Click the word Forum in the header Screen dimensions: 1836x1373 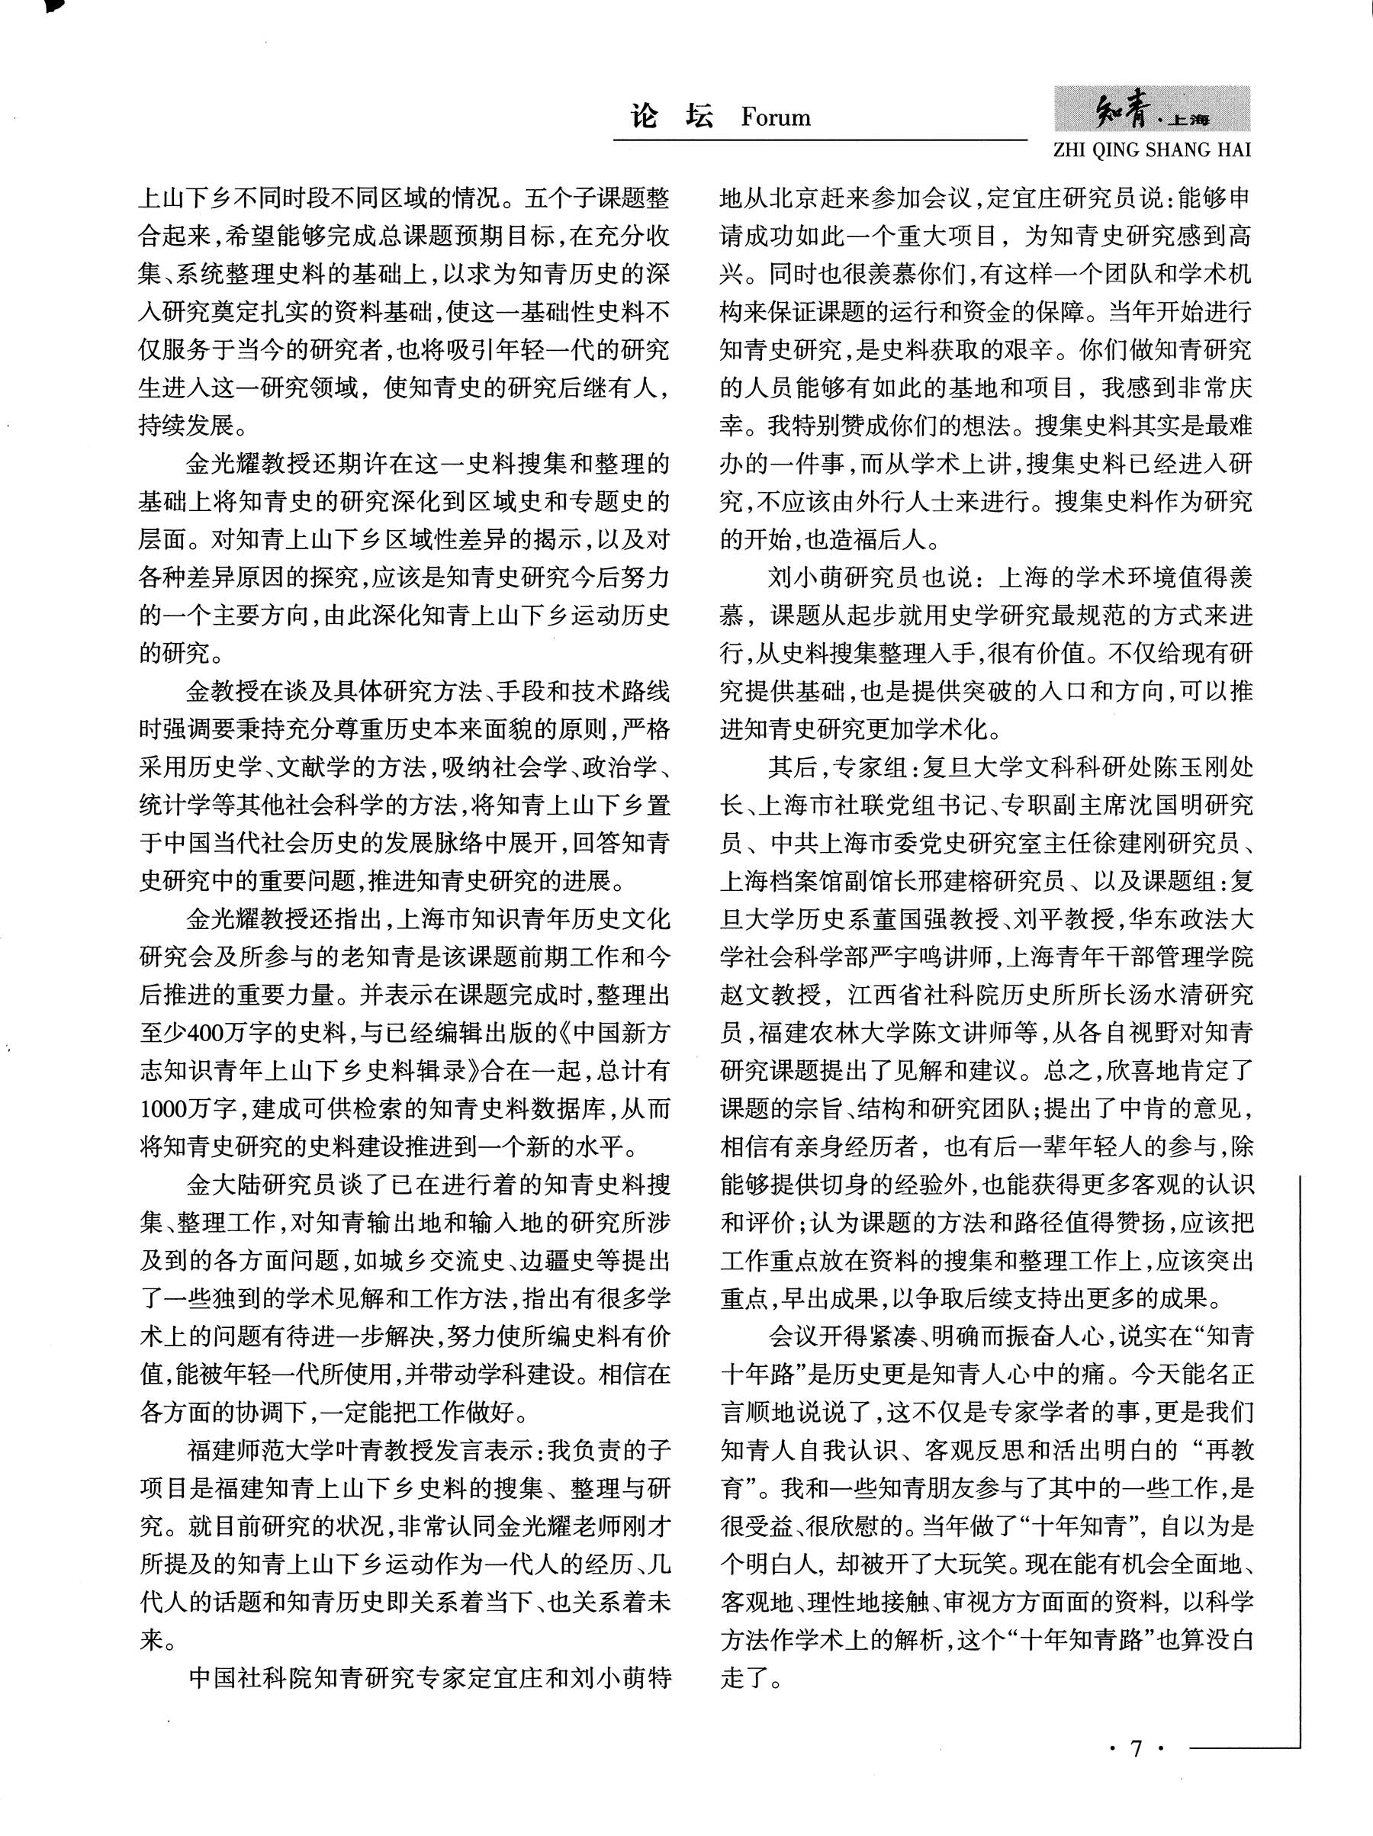pyautogui.click(x=775, y=117)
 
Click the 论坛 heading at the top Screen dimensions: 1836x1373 pyautogui.click(x=672, y=116)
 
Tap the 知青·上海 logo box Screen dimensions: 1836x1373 pyautogui.click(x=1153, y=110)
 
